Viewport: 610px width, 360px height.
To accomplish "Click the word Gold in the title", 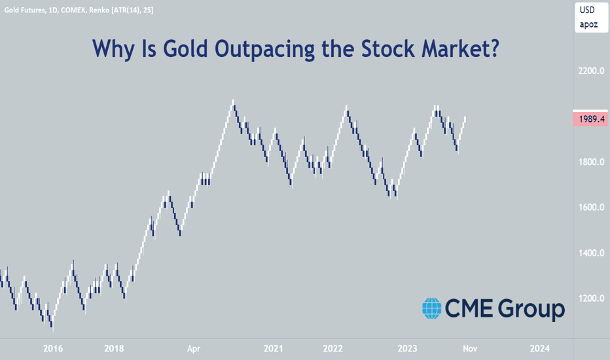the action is coord(185,49).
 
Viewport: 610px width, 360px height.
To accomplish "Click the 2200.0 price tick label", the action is coord(591,71).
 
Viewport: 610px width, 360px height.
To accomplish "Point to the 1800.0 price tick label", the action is coord(591,162).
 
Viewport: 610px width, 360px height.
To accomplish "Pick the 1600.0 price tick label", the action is coord(591,207).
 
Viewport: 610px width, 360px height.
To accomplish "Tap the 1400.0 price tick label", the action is coord(591,253).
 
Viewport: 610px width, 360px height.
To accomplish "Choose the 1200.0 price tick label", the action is coord(591,298).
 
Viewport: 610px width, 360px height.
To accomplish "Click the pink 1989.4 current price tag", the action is coord(590,118).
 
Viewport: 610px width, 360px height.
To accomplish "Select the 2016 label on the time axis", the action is coord(53,348).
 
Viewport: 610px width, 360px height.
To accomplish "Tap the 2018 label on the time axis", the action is coord(114,348).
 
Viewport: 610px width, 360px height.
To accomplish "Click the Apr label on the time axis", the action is coord(193,349).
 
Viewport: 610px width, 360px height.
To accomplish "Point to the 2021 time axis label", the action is coord(273,348).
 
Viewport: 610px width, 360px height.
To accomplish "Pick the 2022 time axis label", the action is coord(332,348).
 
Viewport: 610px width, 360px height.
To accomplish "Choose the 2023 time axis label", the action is coord(407,348).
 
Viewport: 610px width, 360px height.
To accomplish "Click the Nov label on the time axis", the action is coord(470,348).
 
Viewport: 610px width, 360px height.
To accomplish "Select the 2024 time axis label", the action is coord(539,348).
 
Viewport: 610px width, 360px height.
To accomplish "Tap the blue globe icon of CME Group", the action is coord(432,308).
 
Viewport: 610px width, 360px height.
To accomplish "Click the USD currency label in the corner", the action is coord(587,10).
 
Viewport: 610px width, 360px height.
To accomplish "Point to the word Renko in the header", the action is coord(99,10).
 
